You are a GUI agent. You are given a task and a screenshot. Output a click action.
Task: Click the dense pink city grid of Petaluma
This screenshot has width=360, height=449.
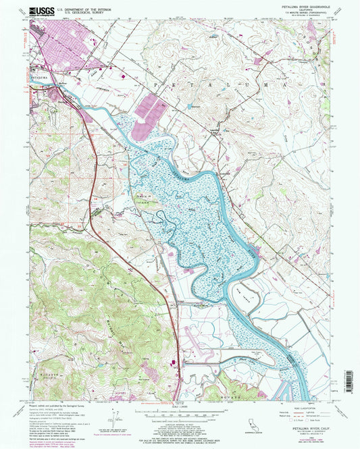click(64, 51)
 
